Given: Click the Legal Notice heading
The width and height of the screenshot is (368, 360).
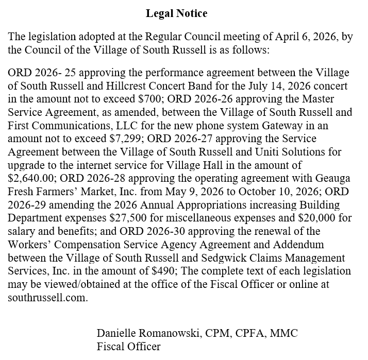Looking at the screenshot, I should [176, 13].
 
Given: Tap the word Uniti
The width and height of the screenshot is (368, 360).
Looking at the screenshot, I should [250, 152].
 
